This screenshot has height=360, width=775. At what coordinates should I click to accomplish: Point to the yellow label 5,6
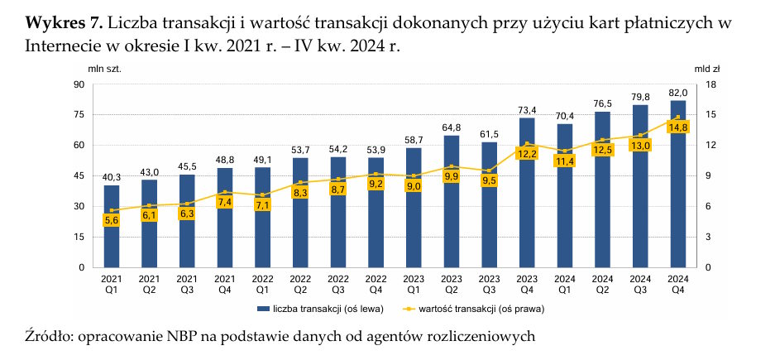pyautogui.click(x=112, y=220)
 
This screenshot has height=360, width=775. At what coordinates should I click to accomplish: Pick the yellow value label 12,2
pyautogui.click(x=527, y=153)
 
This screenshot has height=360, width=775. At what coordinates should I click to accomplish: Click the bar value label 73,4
pyautogui.click(x=527, y=110)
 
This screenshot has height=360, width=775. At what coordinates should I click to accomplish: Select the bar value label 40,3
pyautogui.click(x=112, y=177)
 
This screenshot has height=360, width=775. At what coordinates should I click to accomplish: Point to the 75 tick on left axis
pyautogui.click(x=81, y=115)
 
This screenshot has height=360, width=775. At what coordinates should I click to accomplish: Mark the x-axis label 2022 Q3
pyautogui.click(x=338, y=284)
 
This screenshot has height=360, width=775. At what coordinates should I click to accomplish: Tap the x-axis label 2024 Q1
pyautogui.click(x=565, y=284)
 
